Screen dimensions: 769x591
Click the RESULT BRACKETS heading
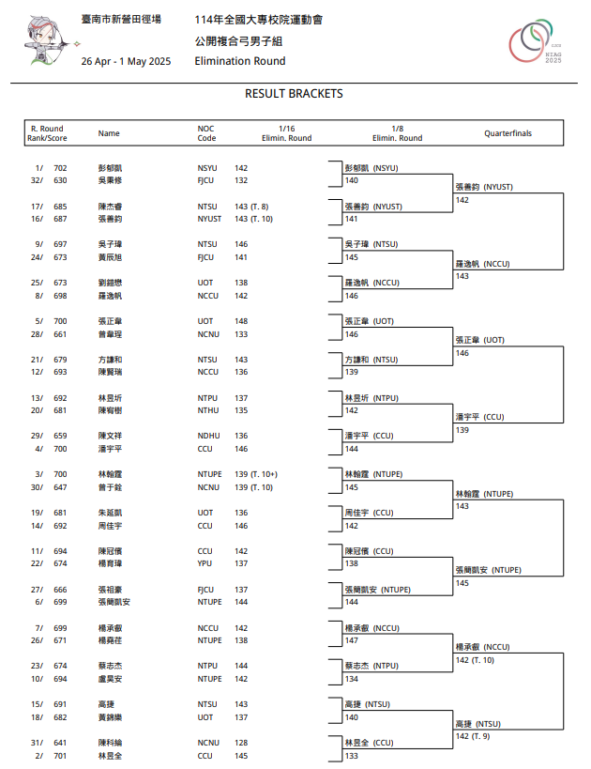pos(294,94)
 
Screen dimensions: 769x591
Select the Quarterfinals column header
pos(508,133)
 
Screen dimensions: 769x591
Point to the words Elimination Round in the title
pos(240,61)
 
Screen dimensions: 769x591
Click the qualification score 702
pos(60,168)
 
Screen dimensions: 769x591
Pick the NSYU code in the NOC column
pos(207,168)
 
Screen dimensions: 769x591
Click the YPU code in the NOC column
pos(205,563)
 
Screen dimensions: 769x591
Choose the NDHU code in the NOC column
pos(208,437)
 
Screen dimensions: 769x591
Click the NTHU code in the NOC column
pos(208,410)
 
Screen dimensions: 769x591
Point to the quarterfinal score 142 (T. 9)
pos(473,736)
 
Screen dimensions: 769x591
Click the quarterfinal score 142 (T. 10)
pos(475,660)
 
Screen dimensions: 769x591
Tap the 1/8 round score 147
pos(352,640)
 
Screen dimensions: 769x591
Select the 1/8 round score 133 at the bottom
pos(352,755)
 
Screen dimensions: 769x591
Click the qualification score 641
pos(60,743)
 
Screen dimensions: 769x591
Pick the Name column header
pos(109,133)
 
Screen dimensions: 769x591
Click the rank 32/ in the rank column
pos(36,180)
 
